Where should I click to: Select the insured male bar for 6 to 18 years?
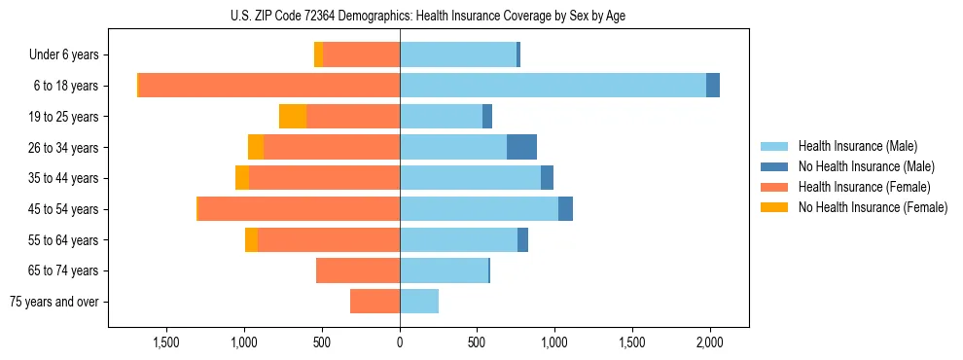tap(553, 86)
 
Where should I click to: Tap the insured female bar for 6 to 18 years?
tap(269, 86)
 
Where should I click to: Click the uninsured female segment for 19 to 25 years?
tap(293, 117)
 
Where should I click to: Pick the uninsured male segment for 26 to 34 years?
tap(521, 147)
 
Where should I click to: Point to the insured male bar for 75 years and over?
tap(419, 302)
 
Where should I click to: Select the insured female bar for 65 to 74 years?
tap(358, 270)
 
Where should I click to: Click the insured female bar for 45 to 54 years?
tap(299, 209)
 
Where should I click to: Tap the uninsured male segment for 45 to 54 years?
tap(565, 209)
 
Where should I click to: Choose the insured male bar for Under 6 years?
tap(458, 54)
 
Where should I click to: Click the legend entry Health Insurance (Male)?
tap(857, 146)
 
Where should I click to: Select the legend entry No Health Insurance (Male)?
tap(866, 166)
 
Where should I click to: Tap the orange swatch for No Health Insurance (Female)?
tap(775, 207)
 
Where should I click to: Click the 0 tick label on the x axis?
tap(400, 343)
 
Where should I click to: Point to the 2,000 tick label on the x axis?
tap(710, 343)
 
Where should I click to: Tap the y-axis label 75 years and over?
tap(54, 302)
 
